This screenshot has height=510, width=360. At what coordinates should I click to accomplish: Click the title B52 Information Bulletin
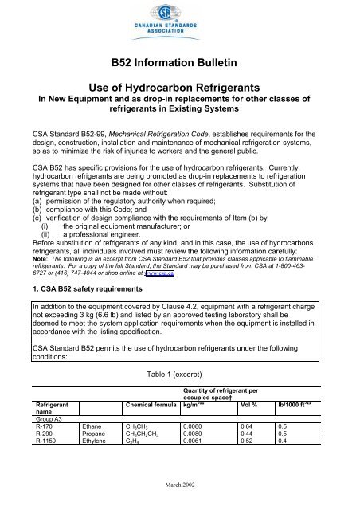click(179, 65)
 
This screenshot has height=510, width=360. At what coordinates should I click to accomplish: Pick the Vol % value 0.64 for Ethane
click(248, 448)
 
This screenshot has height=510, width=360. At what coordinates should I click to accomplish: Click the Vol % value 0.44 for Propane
click(248, 457)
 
